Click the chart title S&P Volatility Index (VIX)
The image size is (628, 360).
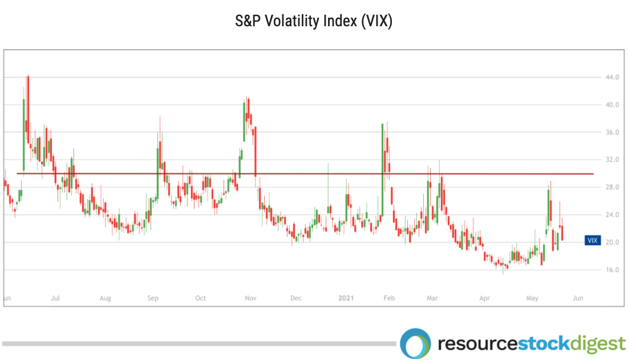314,22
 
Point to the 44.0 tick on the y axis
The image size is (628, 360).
613,78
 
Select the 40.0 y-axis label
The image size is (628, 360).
613,105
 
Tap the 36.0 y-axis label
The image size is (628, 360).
613,132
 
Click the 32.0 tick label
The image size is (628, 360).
613,160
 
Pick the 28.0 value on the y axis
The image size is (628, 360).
613,187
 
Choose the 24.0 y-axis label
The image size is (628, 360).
613,215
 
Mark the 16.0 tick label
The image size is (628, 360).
613,270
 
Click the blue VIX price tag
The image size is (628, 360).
593,240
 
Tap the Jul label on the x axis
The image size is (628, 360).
56,298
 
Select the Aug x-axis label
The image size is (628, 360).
105,298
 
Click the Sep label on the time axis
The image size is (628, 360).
153,298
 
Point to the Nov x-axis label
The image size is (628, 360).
249,298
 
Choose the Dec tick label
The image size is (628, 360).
295,298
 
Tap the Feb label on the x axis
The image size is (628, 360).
389,298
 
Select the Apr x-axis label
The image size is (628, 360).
484,298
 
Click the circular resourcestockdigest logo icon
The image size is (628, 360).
415,343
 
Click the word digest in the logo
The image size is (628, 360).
597,344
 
